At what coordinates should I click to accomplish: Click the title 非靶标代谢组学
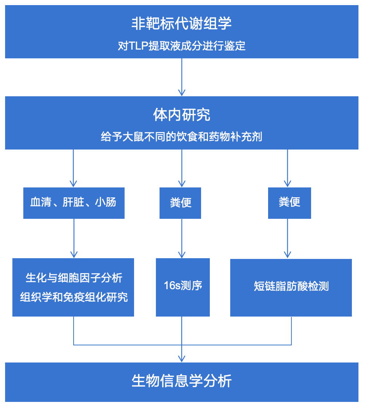click(181, 24)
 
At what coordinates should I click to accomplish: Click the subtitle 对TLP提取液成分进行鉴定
click(181, 46)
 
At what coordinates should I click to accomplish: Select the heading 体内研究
click(181, 115)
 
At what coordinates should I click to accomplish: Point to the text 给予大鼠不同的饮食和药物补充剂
click(181, 137)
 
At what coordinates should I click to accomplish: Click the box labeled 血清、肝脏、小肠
click(74, 203)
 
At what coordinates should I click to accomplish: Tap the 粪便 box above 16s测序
click(180, 203)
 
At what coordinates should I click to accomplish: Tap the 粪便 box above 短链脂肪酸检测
click(289, 203)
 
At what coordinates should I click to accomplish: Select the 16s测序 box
click(183, 287)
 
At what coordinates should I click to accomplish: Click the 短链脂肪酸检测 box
click(291, 287)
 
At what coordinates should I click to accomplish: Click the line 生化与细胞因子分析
click(74, 278)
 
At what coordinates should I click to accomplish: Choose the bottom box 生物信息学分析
click(181, 381)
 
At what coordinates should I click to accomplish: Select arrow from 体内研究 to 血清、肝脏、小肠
click(74, 168)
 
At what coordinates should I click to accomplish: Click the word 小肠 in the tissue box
click(106, 203)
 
